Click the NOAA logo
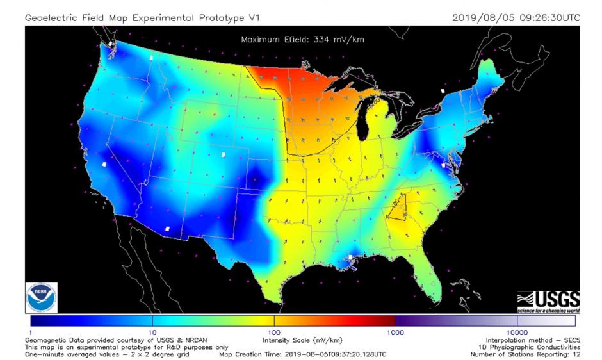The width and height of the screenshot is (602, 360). [42, 297]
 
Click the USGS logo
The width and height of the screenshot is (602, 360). [548, 300]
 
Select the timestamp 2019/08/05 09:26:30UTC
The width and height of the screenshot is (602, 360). [516, 17]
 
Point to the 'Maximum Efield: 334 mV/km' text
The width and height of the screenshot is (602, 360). [303, 40]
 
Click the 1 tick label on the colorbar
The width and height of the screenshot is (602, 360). [30, 332]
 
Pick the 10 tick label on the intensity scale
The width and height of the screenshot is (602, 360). [152, 332]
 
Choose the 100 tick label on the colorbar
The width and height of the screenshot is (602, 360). [273, 332]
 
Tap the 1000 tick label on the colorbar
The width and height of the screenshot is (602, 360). [395, 332]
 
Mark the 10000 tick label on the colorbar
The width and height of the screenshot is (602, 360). [517, 332]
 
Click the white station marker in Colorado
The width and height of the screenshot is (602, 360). [223, 154]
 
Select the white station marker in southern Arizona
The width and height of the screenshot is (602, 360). [167, 229]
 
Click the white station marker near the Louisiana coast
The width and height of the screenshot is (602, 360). [350, 258]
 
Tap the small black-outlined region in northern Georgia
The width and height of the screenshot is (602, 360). [397, 207]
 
